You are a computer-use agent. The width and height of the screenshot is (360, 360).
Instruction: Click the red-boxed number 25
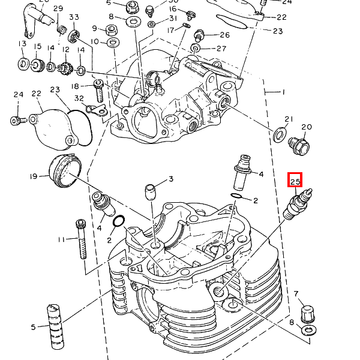295,180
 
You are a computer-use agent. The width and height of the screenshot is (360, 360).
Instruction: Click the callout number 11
61,239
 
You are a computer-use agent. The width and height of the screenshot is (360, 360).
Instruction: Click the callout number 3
171,179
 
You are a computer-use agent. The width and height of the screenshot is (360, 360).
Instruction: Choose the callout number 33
74,17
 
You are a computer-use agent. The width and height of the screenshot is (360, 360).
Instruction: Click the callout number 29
58,8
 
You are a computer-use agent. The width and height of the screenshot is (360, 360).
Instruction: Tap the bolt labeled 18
99,90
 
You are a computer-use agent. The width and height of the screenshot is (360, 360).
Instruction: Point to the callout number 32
79,98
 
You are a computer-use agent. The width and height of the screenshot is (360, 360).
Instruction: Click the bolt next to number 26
200,34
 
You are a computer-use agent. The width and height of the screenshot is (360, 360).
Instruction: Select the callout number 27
221,49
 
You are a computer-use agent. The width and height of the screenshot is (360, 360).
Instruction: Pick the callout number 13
22,44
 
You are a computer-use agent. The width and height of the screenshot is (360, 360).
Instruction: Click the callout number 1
283,93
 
